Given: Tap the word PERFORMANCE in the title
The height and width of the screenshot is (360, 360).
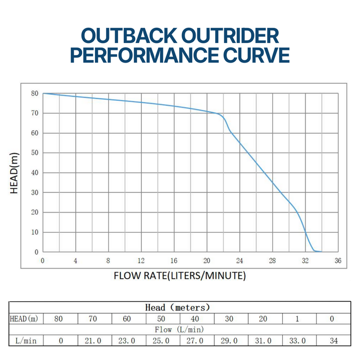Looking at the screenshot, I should pyautogui.click(x=143, y=55).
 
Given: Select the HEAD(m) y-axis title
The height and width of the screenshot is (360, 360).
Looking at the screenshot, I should pyautogui.click(x=15, y=173).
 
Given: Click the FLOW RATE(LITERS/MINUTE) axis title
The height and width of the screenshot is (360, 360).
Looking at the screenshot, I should pyautogui.click(x=180, y=276).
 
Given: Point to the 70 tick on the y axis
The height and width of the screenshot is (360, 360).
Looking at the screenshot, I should pyautogui.click(x=34, y=113).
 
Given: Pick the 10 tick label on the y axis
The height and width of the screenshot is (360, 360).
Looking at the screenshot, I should pyautogui.click(x=34, y=232).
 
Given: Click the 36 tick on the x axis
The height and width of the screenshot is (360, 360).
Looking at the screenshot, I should pyautogui.click(x=338, y=261).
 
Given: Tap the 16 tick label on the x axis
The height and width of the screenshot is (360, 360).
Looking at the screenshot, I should pyautogui.click(x=174, y=261).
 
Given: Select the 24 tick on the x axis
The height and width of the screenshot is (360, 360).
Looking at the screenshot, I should pyautogui.click(x=240, y=261).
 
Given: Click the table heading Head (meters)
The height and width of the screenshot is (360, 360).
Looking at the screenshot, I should pyautogui.click(x=177, y=307).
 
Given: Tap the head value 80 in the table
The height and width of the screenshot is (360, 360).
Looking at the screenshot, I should pyautogui.click(x=61, y=319).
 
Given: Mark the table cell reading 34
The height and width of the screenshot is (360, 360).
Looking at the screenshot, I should pyautogui.click(x=333, y=341).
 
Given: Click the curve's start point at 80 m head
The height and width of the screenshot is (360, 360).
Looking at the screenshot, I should pyautogui.click(x=43, y=93).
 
